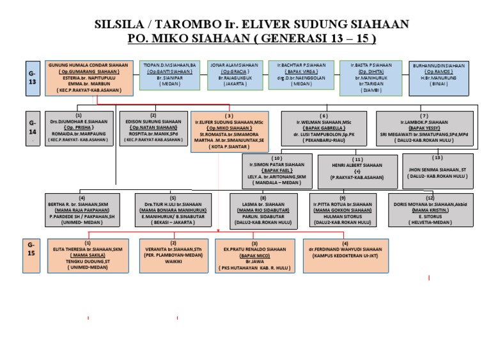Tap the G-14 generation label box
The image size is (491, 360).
[x=32, y=130]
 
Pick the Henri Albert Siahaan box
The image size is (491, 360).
[x=357, y=170]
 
